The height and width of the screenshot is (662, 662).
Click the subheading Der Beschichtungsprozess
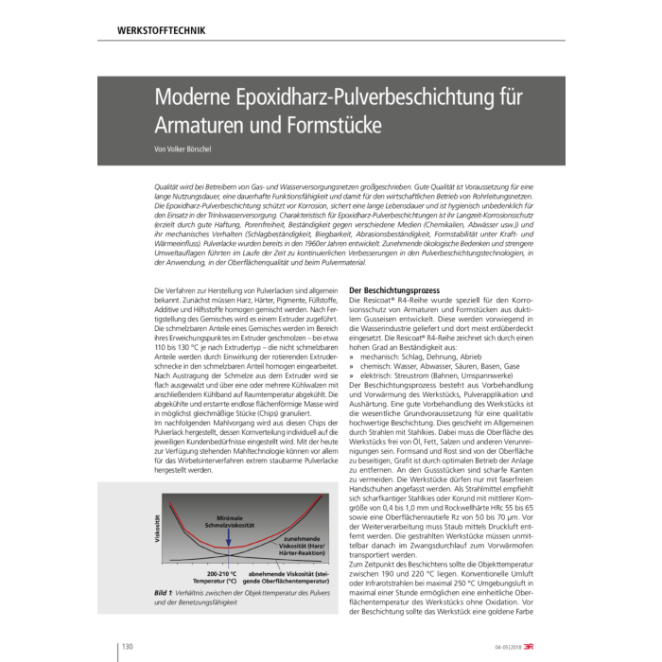coord(392,287)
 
